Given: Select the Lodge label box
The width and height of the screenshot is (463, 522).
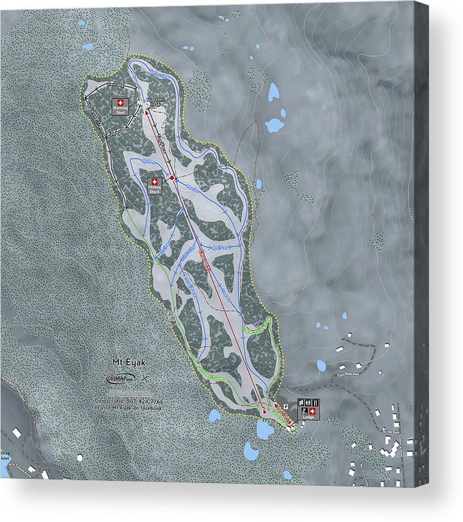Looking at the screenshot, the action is [308, 409].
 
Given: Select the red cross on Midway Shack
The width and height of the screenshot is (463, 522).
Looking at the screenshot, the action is [154, 181].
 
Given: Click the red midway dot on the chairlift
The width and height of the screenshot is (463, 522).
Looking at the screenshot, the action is [172, 178].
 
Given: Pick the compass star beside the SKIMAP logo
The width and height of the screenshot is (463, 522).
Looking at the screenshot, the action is [145, 379].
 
